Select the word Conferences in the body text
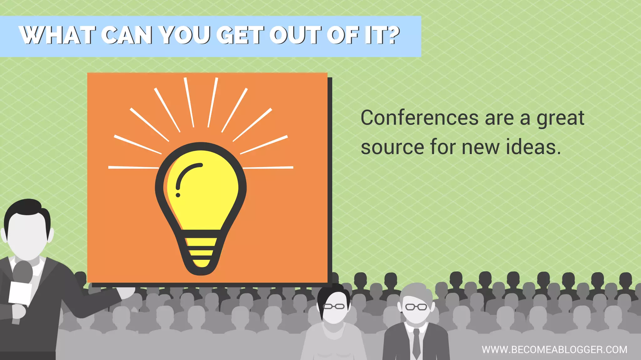coord(419,118)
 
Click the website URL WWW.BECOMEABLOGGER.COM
coord(554,349)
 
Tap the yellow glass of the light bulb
coord(207,194)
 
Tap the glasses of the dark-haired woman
coord(334,306)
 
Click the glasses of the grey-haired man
coord(416,307)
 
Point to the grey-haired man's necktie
coord(416,343)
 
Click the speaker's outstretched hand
coord(127,292)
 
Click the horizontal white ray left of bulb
coord(133,167)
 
